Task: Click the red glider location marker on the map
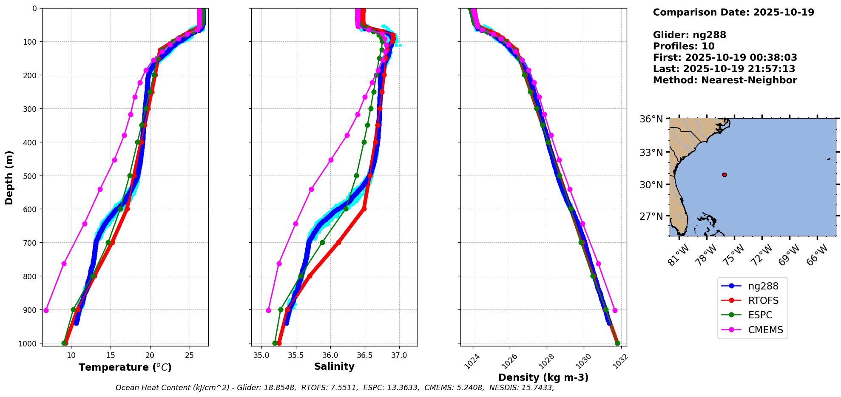click(x=725, y=175)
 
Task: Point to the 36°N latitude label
click(x=651, y=119)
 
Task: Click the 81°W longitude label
click(x=677, y=255)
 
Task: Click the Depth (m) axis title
click(x=9, y=177)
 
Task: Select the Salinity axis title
click(x=334, y=366)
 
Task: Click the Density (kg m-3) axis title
click(x=543, y=377)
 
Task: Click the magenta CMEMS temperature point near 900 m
click(x=46, y=310)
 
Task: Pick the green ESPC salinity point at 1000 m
click(x=275, y=343)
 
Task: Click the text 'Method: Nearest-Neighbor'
click(x=725, y=80)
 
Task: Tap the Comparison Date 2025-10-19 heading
click(x=733, y=12)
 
